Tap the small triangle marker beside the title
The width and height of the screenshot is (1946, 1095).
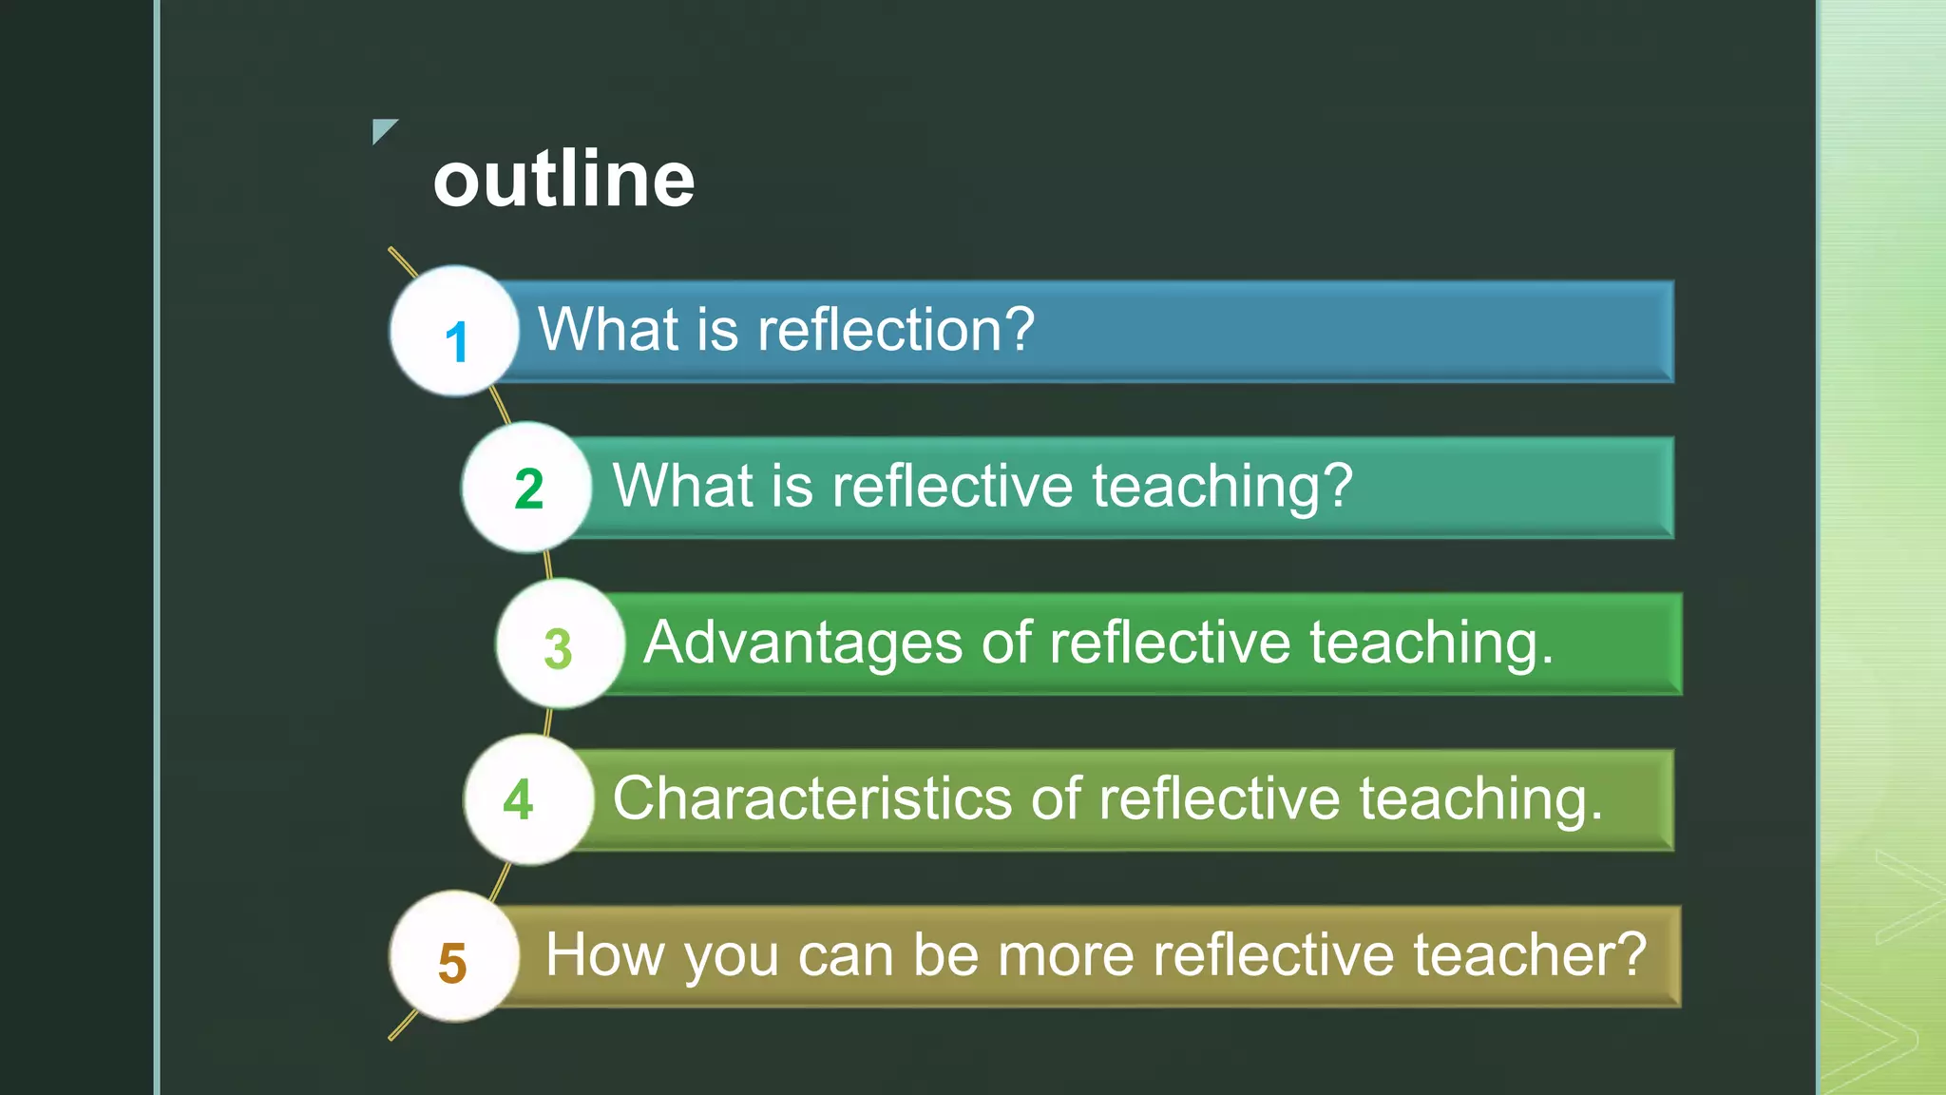[x=382, y=129]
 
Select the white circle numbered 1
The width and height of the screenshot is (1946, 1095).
[x=454, y=332]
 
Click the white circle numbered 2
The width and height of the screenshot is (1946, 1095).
[x=527, y=488]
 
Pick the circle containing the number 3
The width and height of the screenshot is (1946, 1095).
[x=560, y=644]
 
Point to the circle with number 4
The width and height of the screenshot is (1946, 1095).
[x=528, y=799]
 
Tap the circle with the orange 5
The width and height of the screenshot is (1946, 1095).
[x=454, y=956]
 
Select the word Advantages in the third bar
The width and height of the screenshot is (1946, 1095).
[x=803, y=643]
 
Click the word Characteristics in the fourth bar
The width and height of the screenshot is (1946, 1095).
[x=811, y=798]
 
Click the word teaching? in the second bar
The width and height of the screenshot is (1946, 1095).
[x=1222, y=487]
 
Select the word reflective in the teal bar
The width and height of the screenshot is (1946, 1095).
[x=952, y=487]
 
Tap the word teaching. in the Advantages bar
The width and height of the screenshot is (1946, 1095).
[x=1432, y=643]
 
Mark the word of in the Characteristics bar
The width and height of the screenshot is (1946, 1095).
[x=1056, y=798]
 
